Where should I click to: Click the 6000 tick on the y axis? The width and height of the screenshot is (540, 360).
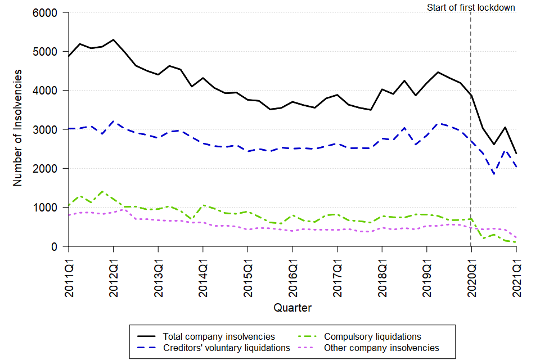point(49,12)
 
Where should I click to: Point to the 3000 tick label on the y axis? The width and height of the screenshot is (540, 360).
point(49,129)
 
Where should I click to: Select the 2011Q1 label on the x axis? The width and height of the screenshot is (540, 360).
point(69,273)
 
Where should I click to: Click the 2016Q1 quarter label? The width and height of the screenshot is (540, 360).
point(292,273)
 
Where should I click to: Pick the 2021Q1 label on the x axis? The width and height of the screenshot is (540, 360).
point(516,273)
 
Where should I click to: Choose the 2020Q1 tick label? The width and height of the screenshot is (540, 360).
point(471,273)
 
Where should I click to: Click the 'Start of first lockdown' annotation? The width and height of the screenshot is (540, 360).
point(471,8)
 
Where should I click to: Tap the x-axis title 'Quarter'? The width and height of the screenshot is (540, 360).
point(292,308)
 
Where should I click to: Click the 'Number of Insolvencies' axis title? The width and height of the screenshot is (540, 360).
point(18,128)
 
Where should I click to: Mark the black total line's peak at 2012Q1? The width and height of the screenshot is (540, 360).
point(114,40)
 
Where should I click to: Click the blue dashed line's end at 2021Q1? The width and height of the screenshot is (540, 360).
point(516,167)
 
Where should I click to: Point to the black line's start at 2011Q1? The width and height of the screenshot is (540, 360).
point(69,56)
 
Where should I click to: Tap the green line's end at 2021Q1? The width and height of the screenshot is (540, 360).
point(516,242)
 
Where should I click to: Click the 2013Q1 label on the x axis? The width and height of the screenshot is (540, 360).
point(158,273)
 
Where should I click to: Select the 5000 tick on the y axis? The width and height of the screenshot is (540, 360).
point(49,51)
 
